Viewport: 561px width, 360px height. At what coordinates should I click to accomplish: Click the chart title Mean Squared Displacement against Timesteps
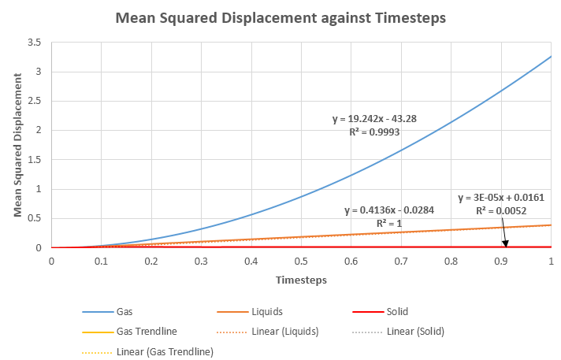pos(281,17)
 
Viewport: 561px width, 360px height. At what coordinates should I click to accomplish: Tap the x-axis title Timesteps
pos(301,280)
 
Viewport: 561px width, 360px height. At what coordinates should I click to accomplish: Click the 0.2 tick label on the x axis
pos(151,261)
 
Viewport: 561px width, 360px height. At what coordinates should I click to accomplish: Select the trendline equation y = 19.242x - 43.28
pos(374,119)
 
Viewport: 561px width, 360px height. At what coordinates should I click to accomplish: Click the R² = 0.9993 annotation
pos(374,132)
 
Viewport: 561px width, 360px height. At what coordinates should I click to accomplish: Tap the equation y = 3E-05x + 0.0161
pos(501,198)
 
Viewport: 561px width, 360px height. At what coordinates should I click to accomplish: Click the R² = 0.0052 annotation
pos(501,211)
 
